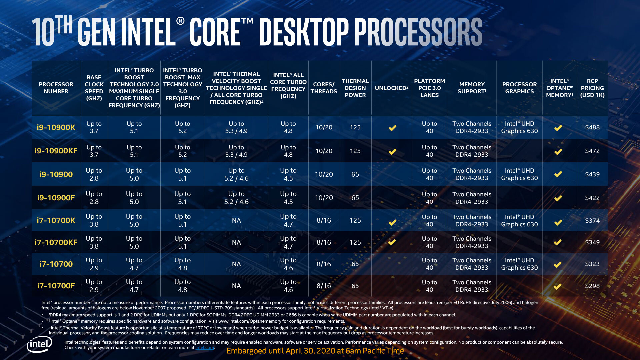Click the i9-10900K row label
tap(56, 127)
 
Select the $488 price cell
tap(592, 127)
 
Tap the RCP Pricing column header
tap(592, 88)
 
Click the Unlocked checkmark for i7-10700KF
tap(392, 242)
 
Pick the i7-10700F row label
tap(56, 286)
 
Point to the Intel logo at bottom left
tap(39, 344)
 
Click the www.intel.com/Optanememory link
tap(250, 321)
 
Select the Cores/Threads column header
tap(324, 88)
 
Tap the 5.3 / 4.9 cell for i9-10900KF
tap(236, 151)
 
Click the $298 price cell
tap(592, 286)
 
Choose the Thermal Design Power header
tap(355, 88)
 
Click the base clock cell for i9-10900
tap(94, 174)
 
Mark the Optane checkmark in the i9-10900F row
tap(558, 198)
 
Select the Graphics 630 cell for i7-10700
tap(519, 264)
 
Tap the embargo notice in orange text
tap(315, 351)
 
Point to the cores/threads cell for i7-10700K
tap(324, 220)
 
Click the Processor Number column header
tap(56, 88)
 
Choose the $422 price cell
tap(592, 198)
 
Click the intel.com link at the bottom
tap(205, 348)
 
